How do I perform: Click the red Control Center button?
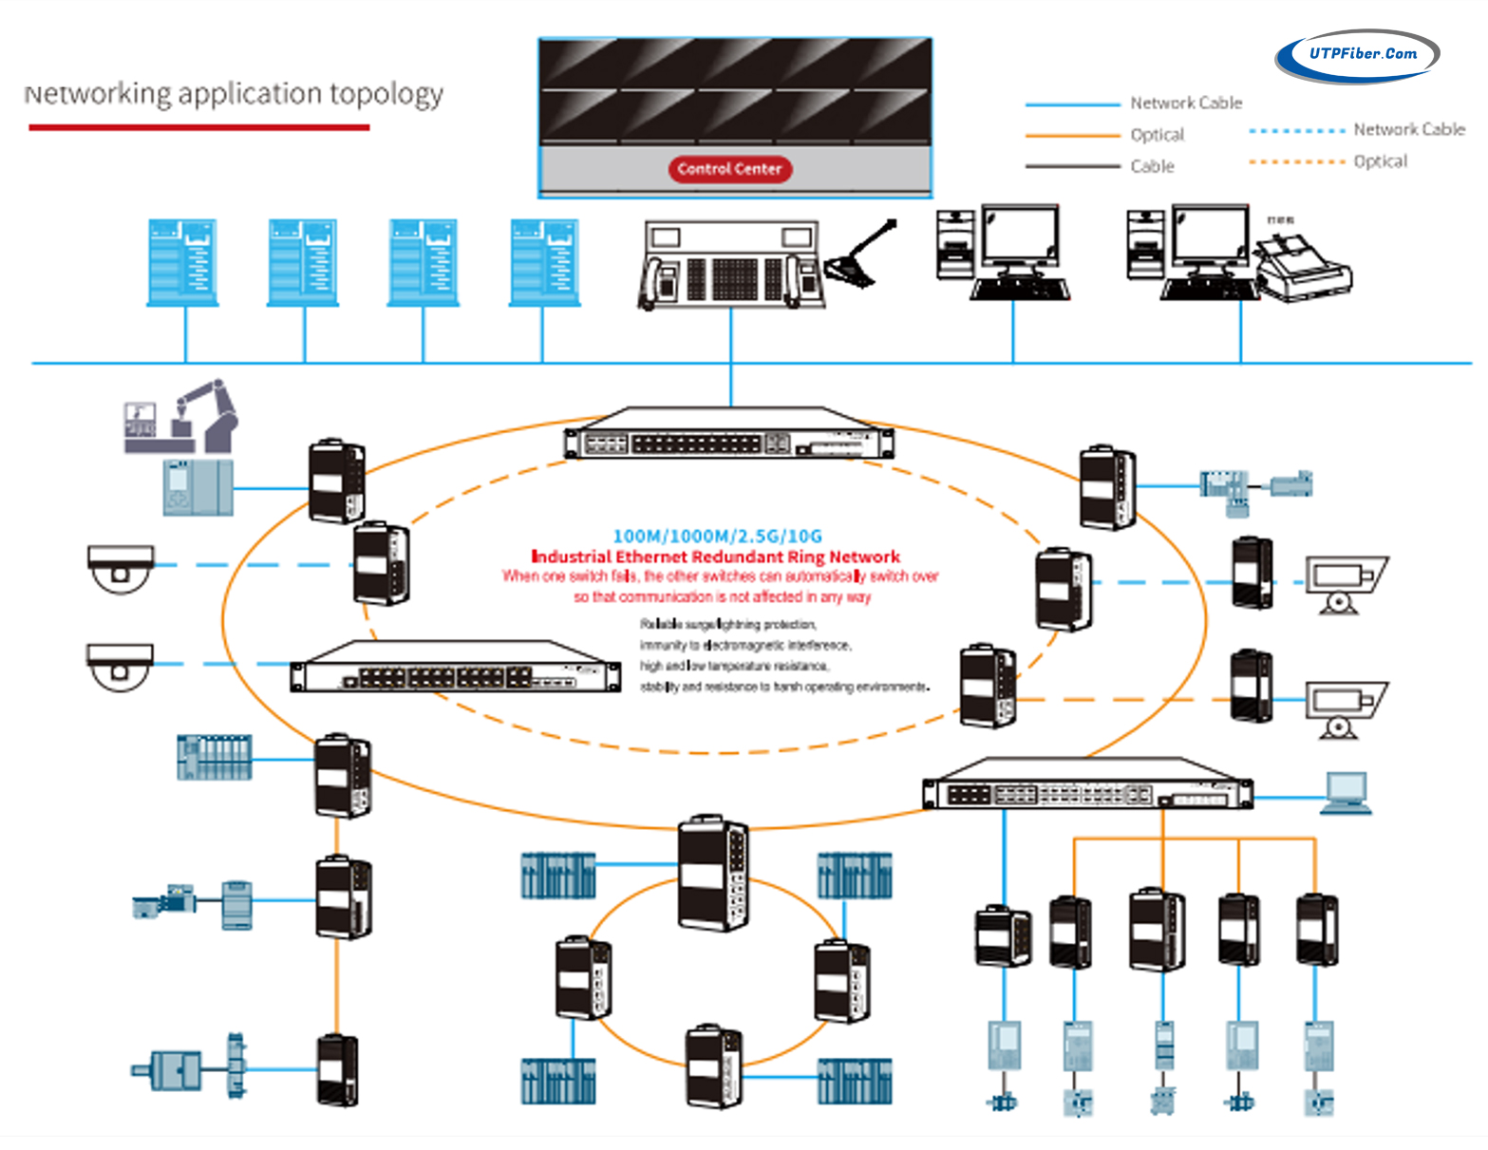(x=729, y=169)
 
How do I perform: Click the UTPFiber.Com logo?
(x=1358, y=55)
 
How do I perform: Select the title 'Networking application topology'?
(x=234, y=94)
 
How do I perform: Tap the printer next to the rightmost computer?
(x=1303, y=268)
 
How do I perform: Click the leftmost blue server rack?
(x=182, y=262)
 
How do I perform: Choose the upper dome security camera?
(x=121, y=567)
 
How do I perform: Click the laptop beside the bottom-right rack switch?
(x=1347, y=793)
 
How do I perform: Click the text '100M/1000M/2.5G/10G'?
(x=717, y=537)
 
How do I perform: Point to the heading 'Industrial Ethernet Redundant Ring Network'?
(x=715, y=557)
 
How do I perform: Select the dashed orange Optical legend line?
(x=1297, y=162)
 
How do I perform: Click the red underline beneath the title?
(x=198, y=127)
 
